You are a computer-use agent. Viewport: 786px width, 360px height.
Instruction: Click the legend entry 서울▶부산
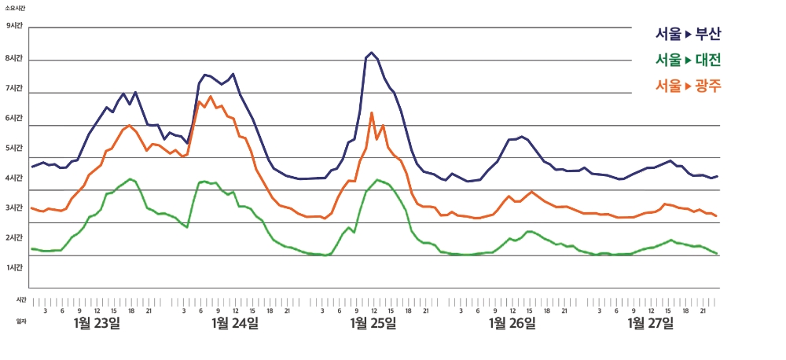pyautogui.click(x=688, y=34)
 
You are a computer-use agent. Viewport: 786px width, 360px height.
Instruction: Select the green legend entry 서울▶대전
pyautogui.click(x=688, y=60)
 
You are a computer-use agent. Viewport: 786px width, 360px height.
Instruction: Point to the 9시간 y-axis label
pyautogui.click(x=15, y=26)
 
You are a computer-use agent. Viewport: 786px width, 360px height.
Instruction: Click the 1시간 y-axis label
pyautogui.click(x=15, y=268)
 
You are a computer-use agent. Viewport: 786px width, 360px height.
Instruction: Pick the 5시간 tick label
pyautogui.click(x=15, y=148)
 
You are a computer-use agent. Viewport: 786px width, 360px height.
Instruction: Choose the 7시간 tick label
pyautogui.click(x=15, y=88)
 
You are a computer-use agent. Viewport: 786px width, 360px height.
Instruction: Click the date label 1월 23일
pyautogui.click(x=97, y=323)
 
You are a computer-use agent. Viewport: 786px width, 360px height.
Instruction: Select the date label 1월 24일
pyautogui.click(x=235, y=323)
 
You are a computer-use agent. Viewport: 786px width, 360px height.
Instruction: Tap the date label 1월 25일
pyautogui.click(x=373, y=323)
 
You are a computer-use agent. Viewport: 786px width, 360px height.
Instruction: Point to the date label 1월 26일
pyautogui.click(x=512, y=323)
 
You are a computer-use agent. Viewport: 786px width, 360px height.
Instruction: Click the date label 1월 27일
pyautogui.click(x=650, y=323)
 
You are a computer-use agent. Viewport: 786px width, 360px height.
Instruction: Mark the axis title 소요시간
pyautogui.click(x=15, y=6)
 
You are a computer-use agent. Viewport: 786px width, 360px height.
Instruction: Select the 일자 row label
pyautogui.click(x=21, y=321)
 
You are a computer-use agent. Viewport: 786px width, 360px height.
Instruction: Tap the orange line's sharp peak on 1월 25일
pyautogui.click(x=371, y=113)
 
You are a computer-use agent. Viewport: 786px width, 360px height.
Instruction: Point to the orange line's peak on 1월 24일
pyautogui.click(x=211, y=97)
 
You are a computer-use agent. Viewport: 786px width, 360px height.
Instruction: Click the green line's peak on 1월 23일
pyautogui.click(x=130, y=179)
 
